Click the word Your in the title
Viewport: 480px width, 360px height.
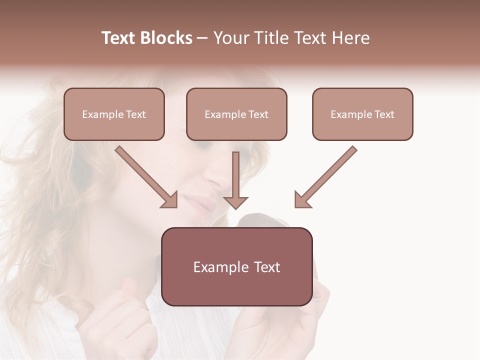[x=229, y=38]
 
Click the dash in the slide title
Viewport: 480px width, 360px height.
[x=202, y=38]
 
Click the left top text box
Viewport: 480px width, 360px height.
[x=114, y=114]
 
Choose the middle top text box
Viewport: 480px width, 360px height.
[x=236, y=114]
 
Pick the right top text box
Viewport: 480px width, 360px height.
[x=362, y=114]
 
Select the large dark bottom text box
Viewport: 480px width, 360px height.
[x=236, y=266]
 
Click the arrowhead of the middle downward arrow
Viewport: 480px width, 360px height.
[x=235, y=202]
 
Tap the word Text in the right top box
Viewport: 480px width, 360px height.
[x=384, y=114]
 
